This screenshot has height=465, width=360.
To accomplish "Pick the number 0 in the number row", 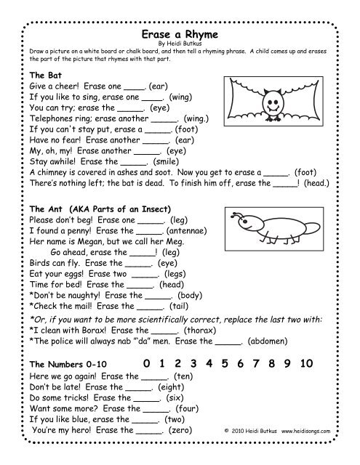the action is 148,363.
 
